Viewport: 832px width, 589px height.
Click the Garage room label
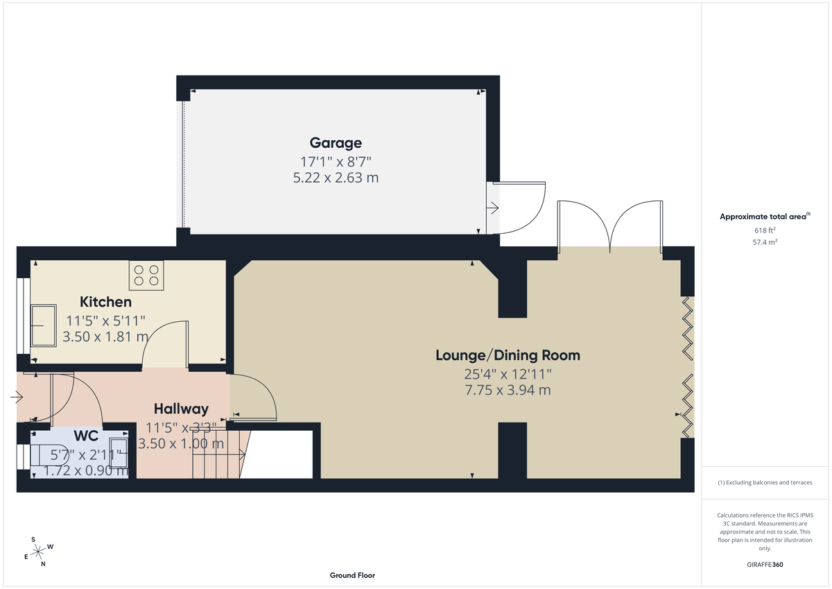tap(336, 143)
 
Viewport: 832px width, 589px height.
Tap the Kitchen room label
tap(105, 302)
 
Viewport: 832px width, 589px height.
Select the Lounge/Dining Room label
tap(508, 355)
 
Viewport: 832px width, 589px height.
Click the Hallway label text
tap(181, 409)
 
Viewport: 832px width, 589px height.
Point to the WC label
tap(86, 437)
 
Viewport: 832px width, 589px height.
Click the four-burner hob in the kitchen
tap(146, 275)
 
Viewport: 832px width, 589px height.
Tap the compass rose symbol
tap(38, 551)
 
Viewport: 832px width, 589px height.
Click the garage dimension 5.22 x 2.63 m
tap(336, 178)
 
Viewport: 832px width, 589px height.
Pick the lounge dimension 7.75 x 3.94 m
tap(508, 390)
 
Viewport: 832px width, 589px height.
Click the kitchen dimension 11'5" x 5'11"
tap(105, 321)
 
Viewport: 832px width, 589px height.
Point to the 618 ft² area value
tap(765, 230)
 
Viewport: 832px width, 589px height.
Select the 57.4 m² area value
tap(765, 242)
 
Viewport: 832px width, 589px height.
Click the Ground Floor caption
tap(352, 575)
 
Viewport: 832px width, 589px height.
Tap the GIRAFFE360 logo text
tap(765, 565)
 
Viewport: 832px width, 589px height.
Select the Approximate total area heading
tap(764, 216)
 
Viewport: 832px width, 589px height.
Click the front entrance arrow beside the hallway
tap(16, 398)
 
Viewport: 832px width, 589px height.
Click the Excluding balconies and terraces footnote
tap(765, 482)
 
